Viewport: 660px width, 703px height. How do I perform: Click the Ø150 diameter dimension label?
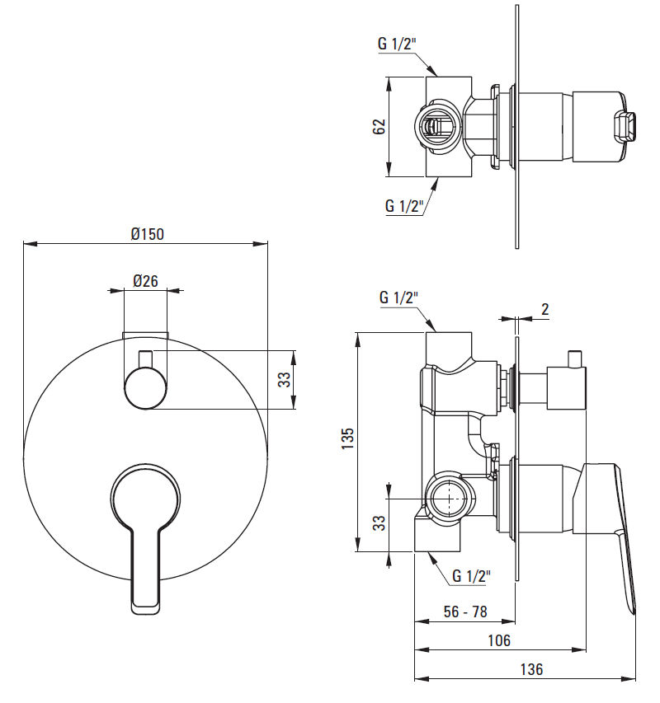click(x=147, y=233)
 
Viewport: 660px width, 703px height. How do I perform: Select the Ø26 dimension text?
click(x=145, y=281)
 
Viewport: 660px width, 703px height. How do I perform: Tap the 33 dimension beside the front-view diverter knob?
click(x=283, y=379)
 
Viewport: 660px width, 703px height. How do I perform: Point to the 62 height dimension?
click(x=379, y=127)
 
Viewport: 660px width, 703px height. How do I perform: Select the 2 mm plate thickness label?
click(x=545, y=309)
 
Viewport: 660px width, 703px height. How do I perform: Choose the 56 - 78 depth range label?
click(x=464, y=612)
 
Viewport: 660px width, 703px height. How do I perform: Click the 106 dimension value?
click(x=499, y=640)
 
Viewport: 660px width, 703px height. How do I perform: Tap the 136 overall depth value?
click(x=532, y=669)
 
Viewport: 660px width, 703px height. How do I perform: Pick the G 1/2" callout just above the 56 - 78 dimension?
click(x=472, y=576)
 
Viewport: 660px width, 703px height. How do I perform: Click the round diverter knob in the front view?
click(x=145, y=387)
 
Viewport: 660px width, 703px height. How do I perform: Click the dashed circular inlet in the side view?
click(x=445, y=499)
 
